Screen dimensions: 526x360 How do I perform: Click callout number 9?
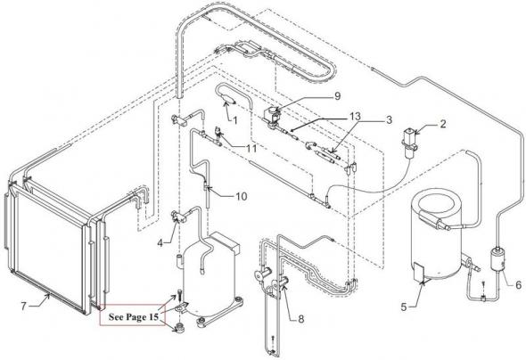(x=337, y=96)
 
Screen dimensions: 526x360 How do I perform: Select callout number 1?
(x=234, y=120)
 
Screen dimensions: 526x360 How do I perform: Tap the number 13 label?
(x=354, y=117)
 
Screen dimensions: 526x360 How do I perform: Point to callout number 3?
(x=389, y=120)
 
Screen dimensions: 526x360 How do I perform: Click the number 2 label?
(x=443, y=124)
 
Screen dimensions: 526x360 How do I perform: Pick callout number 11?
(x=251, y=148)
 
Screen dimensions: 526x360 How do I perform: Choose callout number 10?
(x=241, y=196)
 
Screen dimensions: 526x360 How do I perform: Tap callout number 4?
(x=160, y=243)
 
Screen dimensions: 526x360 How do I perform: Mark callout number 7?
(x=23, y=306)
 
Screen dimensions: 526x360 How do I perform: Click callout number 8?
(x=301, y=319)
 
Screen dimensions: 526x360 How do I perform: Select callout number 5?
(x=404, y=307)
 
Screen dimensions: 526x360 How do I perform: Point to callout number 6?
(x=518, y=285)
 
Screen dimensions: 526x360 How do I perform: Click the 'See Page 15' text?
(x=133, y=317)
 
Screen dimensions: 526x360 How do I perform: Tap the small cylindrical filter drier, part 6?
(x=497, y=258)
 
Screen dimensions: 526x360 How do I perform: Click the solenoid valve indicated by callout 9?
(x=272, y=117)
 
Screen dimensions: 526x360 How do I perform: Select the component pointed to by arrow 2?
(x=410, y=143)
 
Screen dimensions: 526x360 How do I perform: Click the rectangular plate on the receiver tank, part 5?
(x=419, y=272)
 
